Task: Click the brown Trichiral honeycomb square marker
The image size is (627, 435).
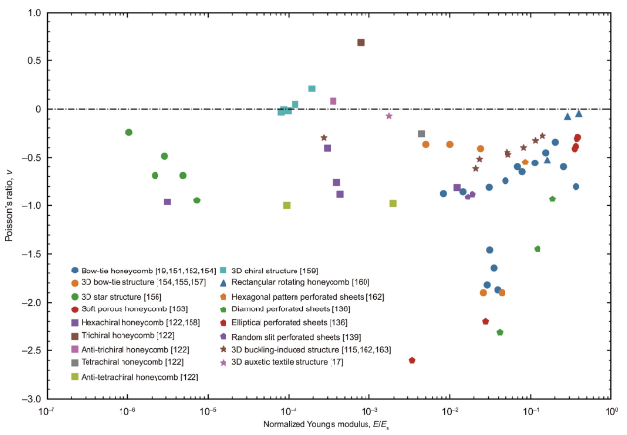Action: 361,42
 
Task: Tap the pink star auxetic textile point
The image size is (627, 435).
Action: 389,116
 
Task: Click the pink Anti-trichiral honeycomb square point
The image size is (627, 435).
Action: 333,101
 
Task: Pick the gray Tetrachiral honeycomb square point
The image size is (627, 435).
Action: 421,134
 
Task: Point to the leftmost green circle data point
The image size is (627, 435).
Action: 129,132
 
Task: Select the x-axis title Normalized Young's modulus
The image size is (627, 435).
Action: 328,426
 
